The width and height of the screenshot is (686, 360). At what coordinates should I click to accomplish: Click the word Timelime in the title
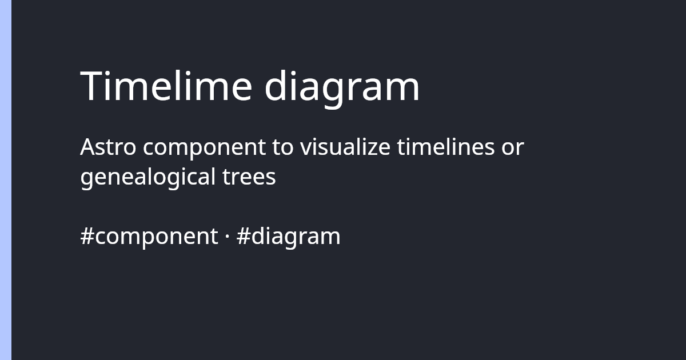166,86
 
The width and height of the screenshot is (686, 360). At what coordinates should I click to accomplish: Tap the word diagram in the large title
342,87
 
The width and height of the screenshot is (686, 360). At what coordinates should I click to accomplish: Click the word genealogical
146,178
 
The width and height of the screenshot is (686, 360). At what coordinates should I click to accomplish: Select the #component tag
149,236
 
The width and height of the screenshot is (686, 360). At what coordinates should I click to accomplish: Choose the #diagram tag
288,236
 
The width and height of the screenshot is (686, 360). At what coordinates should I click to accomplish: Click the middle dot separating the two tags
227,236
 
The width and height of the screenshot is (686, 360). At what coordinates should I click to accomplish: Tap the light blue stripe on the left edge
6,180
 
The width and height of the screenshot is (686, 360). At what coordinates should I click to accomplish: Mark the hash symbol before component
87,236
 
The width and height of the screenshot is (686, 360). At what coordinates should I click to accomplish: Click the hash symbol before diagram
242,236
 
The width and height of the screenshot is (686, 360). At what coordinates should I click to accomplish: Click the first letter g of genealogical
87,179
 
